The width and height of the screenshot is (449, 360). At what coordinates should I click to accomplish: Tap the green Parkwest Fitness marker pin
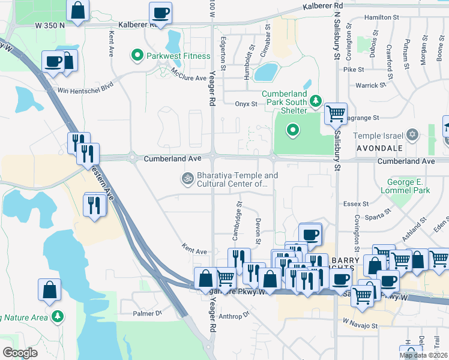point(137,56)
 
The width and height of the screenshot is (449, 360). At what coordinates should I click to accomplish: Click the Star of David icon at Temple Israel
point(412,134)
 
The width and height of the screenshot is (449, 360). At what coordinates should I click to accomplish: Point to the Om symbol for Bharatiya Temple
point(187,178)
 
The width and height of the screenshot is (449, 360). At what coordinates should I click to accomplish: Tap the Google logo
point(20,352)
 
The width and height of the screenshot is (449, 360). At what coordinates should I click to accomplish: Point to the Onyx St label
point(246,104)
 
